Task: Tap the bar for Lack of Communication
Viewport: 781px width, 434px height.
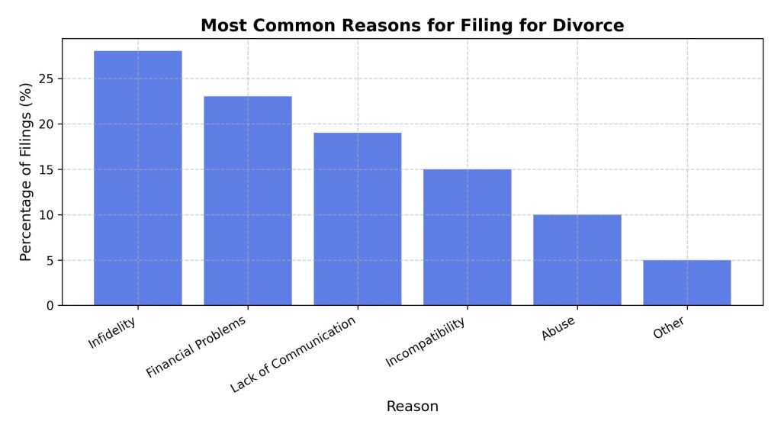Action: pyautogui.click(x=357, y=219)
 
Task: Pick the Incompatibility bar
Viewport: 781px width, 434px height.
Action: pyautogui.click(x=467, y=237)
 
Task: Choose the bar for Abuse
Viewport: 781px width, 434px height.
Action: pyautogui.click(x=577, y=260)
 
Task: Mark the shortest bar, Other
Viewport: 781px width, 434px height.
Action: pyautogui.click(x=686, y=283)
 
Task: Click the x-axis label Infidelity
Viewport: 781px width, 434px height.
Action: pyautogui.click(x=113, y=333)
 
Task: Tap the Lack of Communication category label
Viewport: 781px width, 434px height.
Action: pyautogui.click(x=293, y=355)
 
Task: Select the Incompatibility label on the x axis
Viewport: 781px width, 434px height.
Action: pyautogui.click(x=426, y=344)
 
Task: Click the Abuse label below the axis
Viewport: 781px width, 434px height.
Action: pyautogui.click(x=558, y=329)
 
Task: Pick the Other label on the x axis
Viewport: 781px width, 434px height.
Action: pyautogui.click(x=670, y=328)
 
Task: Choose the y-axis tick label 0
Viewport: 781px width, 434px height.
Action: pyautogui.click(x=50, y=306)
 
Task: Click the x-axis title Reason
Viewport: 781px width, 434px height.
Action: pyautogui.click(x=412, y=407)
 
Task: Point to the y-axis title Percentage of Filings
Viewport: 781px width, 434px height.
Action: pyautogui.click(x=27, y=172)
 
